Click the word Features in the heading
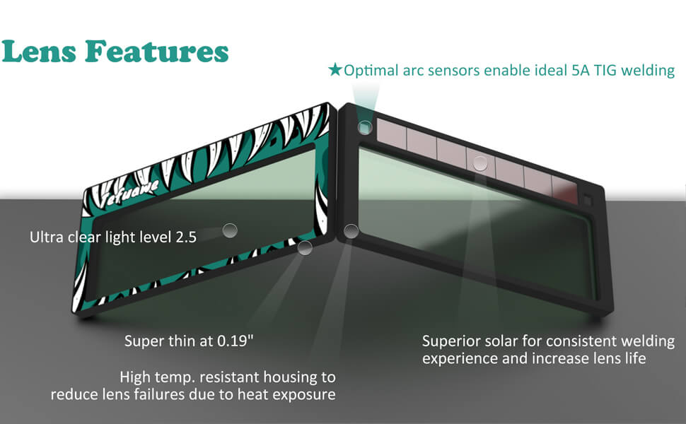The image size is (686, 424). point(156,52)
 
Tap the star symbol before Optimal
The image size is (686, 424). point(335,69)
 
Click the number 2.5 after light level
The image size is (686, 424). point(186,237)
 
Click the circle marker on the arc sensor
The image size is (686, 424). point(365,128)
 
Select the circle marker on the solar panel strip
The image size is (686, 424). point(480,163)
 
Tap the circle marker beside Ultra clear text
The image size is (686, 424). point(230,230)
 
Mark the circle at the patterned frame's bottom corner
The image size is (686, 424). point(305,247)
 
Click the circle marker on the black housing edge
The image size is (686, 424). point(351,231)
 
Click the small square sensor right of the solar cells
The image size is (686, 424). point(587,201)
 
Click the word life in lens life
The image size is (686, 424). point(636,358)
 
